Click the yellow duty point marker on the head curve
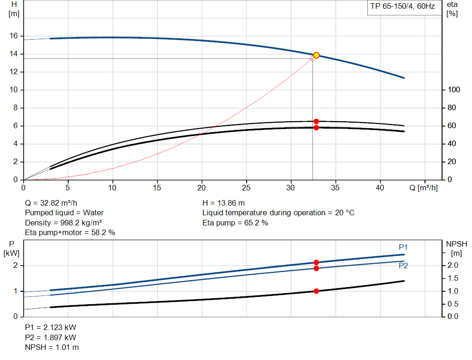(316, 55)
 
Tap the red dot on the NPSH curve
(316, 291)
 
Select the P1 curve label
(403, 248)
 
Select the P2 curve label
(403, 266)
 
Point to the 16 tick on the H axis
(14, 36)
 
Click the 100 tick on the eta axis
(454, 90)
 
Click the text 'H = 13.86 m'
(224, 203)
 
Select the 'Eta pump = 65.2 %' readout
(235, 223)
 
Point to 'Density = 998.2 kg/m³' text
(64, 223)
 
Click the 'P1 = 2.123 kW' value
(51, 328)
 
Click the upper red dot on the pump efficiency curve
(316, 121)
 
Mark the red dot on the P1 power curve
(316, 262)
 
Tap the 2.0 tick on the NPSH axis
(453, 266)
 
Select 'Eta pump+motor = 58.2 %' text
(70, 233)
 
